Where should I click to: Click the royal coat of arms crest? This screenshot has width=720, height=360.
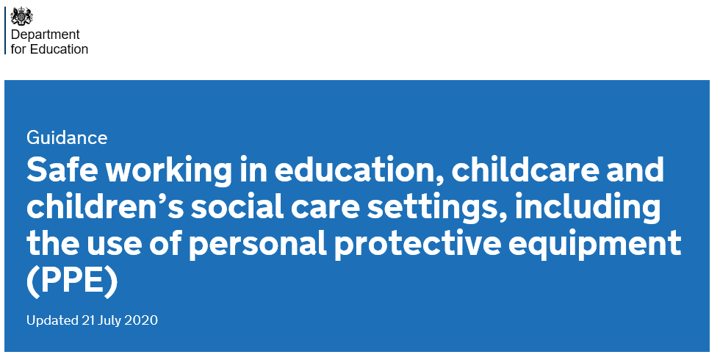22,16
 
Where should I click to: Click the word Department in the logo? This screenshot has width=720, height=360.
45,35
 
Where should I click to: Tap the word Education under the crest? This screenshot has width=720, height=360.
59,49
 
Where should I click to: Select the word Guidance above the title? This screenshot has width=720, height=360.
67,137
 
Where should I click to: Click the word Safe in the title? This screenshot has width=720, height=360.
62,170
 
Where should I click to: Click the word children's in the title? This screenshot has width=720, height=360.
105,206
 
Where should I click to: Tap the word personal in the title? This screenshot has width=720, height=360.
258,245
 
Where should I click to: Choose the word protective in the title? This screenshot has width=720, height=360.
417,245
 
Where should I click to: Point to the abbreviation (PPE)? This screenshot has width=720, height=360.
72,281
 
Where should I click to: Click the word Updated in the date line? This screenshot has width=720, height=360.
52,320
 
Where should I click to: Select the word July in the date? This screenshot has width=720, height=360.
109,320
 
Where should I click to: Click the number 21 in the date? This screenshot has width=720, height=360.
88,320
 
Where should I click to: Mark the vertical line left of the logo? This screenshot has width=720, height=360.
5,30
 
